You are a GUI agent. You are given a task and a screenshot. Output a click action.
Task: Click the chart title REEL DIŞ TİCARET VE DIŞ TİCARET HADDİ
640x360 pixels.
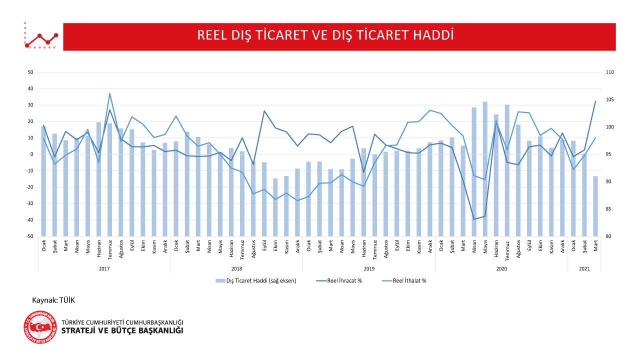pos(325,35)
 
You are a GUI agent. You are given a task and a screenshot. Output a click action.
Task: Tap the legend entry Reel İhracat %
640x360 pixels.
pos(344,280)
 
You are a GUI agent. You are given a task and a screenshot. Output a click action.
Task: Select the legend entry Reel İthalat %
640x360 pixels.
pos(409,280)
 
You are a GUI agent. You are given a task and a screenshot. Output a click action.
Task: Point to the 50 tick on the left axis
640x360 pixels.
pos(30,72)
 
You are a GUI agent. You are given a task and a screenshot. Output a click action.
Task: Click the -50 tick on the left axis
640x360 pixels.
pos(29,236)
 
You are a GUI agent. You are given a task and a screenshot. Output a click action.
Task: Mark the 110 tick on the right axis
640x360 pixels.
pos(609,72)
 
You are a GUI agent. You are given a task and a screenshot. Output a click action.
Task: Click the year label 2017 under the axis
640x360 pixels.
pos(104,268)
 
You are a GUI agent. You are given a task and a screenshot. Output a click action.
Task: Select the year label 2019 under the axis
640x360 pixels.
pos(369,268)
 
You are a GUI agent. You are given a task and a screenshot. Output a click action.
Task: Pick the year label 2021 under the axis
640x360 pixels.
pos(584,268)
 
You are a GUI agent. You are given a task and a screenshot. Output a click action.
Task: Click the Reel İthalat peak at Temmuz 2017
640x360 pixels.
pos(109,93)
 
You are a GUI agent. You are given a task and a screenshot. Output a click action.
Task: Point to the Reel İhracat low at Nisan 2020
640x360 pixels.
pos(474,219)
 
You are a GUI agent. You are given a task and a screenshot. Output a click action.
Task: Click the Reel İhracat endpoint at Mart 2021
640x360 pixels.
pos(595,101)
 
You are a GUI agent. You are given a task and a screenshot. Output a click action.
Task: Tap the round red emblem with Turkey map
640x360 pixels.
pos(40,327)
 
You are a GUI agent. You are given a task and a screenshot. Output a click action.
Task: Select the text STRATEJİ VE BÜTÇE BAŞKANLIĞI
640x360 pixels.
pos(122,331)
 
